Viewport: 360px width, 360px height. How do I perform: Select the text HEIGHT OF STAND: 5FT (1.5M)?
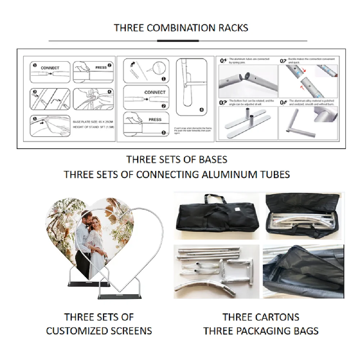[92, 127]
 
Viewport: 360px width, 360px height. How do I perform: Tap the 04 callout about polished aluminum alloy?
[283, 102]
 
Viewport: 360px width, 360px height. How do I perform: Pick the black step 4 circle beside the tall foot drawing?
[201, 110]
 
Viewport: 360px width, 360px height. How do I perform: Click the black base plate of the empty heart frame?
[120, 297]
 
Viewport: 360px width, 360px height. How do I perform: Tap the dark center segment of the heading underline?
[178, 41]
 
